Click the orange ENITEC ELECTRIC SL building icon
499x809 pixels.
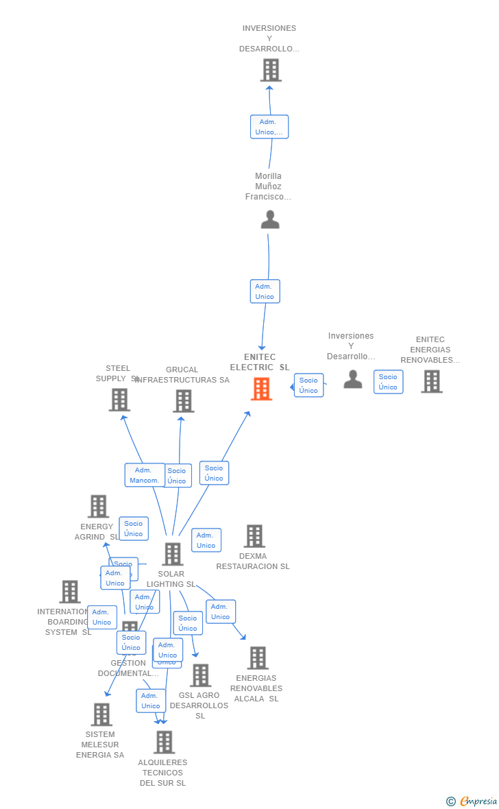pyautogui.click(x=261, y=389)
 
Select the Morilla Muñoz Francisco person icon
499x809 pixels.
pyautogui.click(x=270, y=219)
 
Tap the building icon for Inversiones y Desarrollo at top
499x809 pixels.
pyautogui.click(x=271, y=70)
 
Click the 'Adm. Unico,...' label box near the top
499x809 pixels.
pyautogui.click(x=269, y=127)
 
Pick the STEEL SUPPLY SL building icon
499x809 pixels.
pyautogui.click(x=119, y=400)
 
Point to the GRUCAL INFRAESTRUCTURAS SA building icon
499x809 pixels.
pyautogui.click(x=184, y=401)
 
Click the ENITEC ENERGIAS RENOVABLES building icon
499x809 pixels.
pyautogui.click(x=431, y=381)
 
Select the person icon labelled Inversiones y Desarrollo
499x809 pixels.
pyautogui.click(x=352, y=379)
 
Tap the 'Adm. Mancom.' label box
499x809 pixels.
pyautogui.click(x=145, y=475)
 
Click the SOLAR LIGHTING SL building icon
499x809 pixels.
pyautogui.click(x=172, y=554)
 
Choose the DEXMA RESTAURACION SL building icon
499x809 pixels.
pyautogui.click(x=254, y=536)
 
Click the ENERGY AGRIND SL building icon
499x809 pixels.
pyautogui.click(x=98, y=507)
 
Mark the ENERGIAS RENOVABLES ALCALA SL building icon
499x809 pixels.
pyautogui.click(x=258, y=658)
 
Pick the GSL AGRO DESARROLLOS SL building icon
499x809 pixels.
pyautogui.click(x=200, y=675)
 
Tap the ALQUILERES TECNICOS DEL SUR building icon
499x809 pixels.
pyautogui.click(x=164, y=742)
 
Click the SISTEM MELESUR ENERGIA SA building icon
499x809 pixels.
pyautogui.click(x=101, y=714)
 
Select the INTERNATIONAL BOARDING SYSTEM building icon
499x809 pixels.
pyautogui.click(x=70, y=592)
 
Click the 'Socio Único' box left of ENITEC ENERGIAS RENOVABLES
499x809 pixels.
pyautogui.click(x=388, y=382)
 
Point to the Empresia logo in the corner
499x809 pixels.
pyautogui.click(x=472, y=801)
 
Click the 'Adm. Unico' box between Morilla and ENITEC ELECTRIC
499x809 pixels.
pyautogui.click(x=265, y=291)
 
